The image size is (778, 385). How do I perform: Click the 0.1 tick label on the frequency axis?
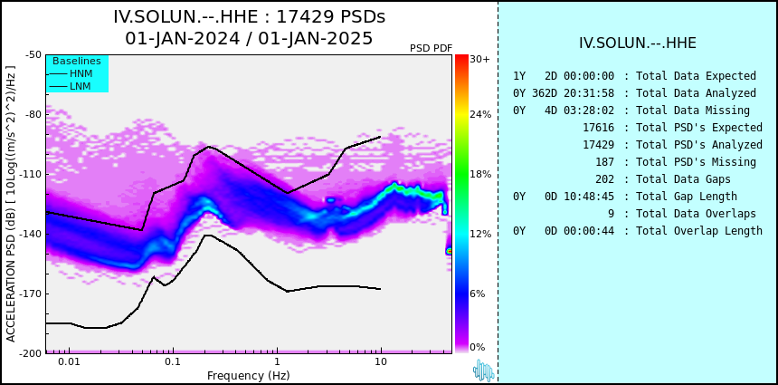(173, 361)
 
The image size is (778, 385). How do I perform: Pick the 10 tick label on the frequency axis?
(381, 361)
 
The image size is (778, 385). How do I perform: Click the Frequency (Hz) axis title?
(248, 375)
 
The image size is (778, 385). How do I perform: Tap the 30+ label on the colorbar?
(479, 59)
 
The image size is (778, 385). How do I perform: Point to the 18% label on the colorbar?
(480, 174)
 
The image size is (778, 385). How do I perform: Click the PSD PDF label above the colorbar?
(432, 48)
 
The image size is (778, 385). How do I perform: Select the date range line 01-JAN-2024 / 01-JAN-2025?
(249, 38)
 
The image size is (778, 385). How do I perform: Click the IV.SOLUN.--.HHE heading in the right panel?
(638, 43)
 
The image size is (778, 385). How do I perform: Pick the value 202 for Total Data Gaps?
(605, 178)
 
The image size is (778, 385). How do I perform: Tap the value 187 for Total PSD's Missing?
(605, 162)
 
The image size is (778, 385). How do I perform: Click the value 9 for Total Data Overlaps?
(612, 214)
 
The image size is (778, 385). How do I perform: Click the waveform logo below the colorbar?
(483, 371)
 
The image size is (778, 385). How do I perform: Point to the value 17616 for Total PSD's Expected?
(598, 128)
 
